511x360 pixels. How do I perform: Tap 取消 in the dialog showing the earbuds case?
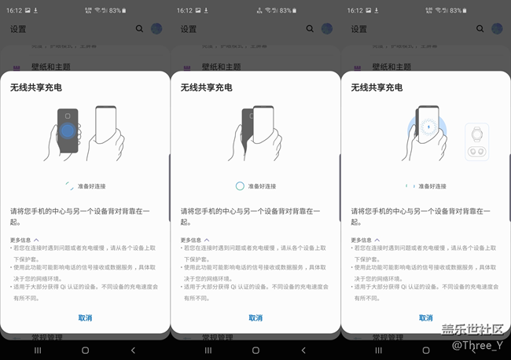[x=425, y=318]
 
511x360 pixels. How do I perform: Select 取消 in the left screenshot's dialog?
[x=85, y=318]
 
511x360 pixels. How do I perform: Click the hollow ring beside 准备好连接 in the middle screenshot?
[x=241, y=186]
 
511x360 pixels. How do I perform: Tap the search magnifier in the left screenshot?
[x=140, y=28]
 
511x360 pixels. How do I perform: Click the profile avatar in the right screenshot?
[x=497, y=28]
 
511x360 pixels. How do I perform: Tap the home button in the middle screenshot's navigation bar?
[x=256, y=350]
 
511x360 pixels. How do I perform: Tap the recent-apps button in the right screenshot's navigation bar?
[x=378, y=350]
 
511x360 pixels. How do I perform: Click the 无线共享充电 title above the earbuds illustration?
[x=377, y=86]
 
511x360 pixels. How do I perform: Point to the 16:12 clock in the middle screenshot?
[x=185, y=10]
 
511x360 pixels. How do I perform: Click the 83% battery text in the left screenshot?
[x=115, y=10]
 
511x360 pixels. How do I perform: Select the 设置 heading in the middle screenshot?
[x=189, y=28]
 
